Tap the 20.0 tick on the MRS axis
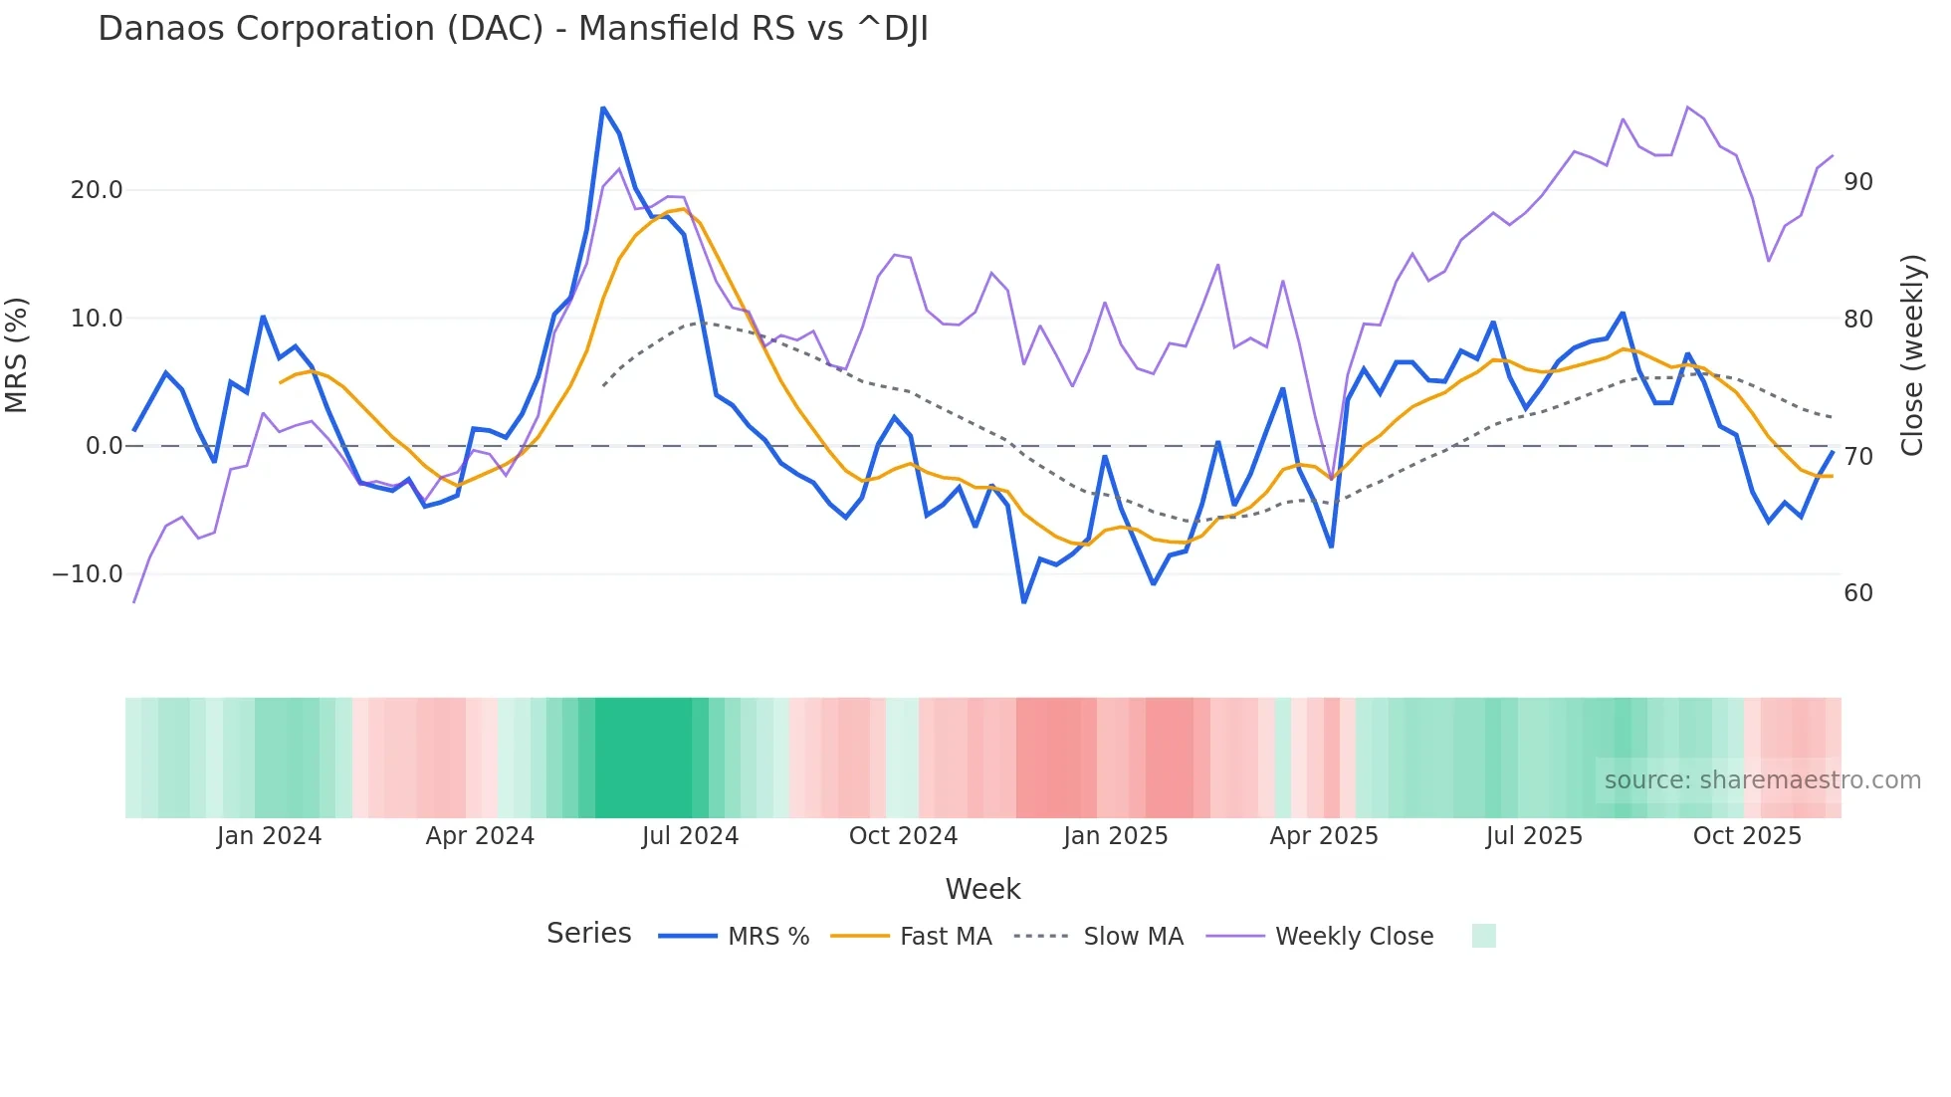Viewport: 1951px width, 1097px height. [x=97, y=190]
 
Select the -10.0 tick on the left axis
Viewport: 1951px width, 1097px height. [x=88, y=574]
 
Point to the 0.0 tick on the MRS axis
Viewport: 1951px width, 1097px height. [x=104, y=446]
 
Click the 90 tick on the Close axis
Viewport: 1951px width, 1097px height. [x=1858, y=182]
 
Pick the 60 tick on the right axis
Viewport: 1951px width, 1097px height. [x=1858, y=593]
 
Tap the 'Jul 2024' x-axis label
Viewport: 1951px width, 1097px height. [x=690, y=836]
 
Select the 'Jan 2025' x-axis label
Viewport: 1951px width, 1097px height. [x=1115, y=836]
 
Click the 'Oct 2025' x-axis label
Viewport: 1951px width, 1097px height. [x=1747, y=836]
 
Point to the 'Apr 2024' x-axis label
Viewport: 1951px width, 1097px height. [x=480, y=836]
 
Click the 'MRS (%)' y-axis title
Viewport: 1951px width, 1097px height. [x=17, y=354]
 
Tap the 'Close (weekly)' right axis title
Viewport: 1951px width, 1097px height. [x=1912, y=355]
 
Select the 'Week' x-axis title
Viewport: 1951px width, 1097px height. [x=982, y=889]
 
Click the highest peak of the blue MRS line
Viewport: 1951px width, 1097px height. [x=603, y=108]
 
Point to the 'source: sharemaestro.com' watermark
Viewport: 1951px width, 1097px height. [x=1762, y=780]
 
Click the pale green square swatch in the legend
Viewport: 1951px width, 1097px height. [x=1483, y=936]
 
